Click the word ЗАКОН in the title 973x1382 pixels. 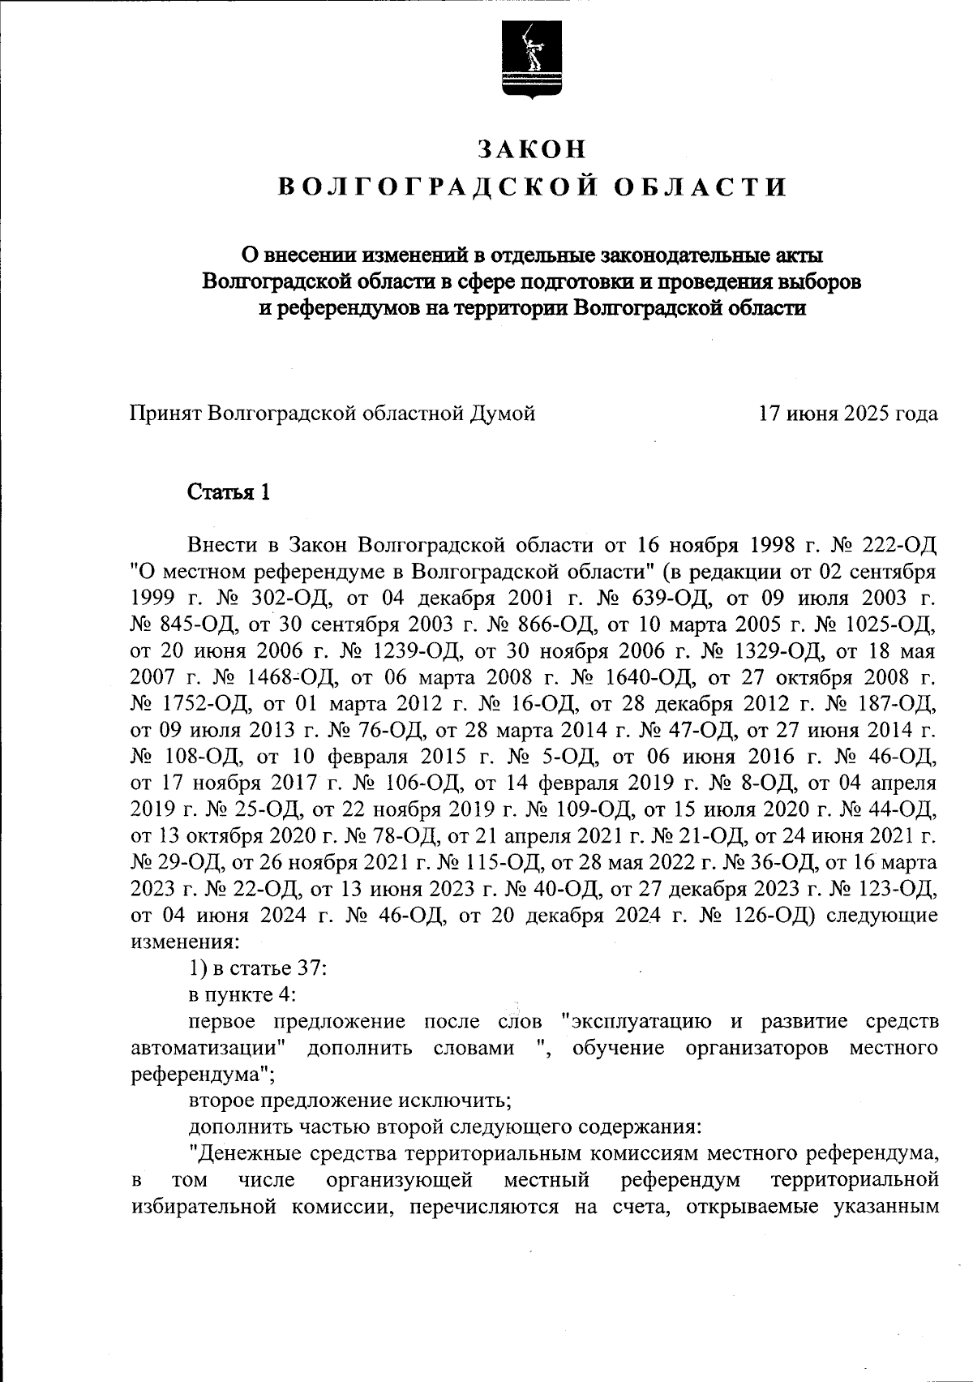pyautogui.click(x=531, y=149)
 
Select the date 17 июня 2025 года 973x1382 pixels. pyautogui.click(x=848, y=414)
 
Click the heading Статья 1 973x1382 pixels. pyautogui.click(x=228, y=492)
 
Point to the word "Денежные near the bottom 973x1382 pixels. pyautogui.click(x=235, y=1152)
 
